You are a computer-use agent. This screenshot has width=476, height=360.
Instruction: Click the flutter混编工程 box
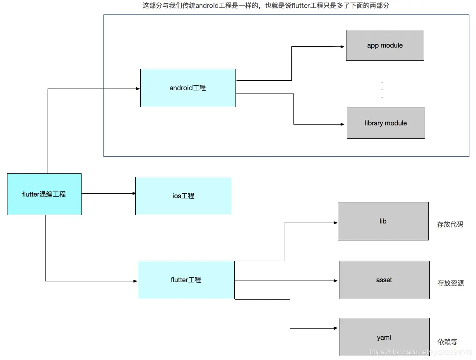(44, 194)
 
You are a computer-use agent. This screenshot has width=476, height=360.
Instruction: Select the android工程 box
(188, 88)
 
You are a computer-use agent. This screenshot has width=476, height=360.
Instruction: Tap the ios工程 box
(183, 196)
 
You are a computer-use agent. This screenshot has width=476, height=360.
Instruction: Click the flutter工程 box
(186, 280)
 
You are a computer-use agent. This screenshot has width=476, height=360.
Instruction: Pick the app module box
(385, 45)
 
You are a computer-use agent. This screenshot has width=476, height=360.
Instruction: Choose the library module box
(386, 123)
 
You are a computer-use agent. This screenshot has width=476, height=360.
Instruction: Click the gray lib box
(383, 221)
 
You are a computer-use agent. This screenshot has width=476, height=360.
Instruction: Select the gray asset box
(384, 280)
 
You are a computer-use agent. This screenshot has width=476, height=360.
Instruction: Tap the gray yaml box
(384, 337)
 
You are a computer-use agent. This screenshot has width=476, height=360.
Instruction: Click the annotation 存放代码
(450, 224)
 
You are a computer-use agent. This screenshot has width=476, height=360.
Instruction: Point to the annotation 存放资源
(450, 283)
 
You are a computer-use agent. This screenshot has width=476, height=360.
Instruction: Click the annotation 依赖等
(447, 342)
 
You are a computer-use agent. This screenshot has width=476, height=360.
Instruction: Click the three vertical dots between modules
(382, 90)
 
